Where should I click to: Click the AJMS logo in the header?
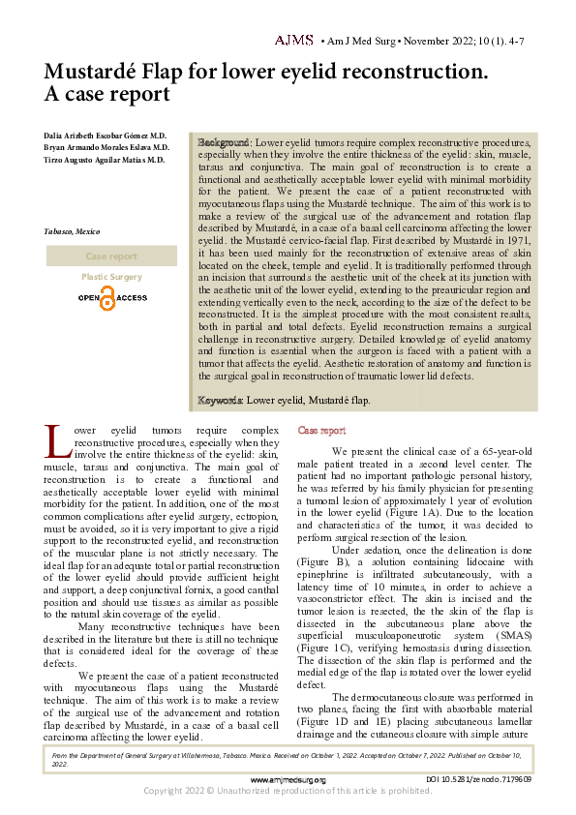[x=293, y=41]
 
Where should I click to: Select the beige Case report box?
[x=111, y=257]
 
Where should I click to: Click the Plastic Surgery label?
[x=111, y=277]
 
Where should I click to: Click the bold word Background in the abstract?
[x=224, y=141]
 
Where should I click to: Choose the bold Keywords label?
[x=221, y=400]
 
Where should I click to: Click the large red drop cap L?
[x=58, y=443]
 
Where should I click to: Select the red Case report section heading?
[x=321, y=430]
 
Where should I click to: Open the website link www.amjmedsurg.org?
[x=288, y=779]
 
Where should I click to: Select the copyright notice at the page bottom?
[x=288, y=792]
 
